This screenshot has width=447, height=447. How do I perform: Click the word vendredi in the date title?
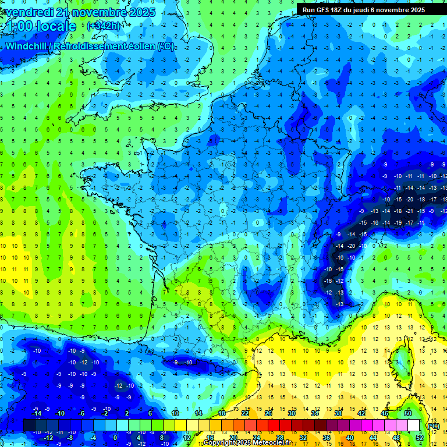[30, 12]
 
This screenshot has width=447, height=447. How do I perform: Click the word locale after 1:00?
[55, 26]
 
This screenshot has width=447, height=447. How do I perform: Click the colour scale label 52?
[420, 438]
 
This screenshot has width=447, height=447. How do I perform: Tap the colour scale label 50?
[408, 413]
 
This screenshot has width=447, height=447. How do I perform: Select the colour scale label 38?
[338, 413]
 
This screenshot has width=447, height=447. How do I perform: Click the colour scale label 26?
[268, 413]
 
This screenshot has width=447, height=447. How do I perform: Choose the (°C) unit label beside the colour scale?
[433, 426]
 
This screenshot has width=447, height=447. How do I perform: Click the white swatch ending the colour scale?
[413, 425]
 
